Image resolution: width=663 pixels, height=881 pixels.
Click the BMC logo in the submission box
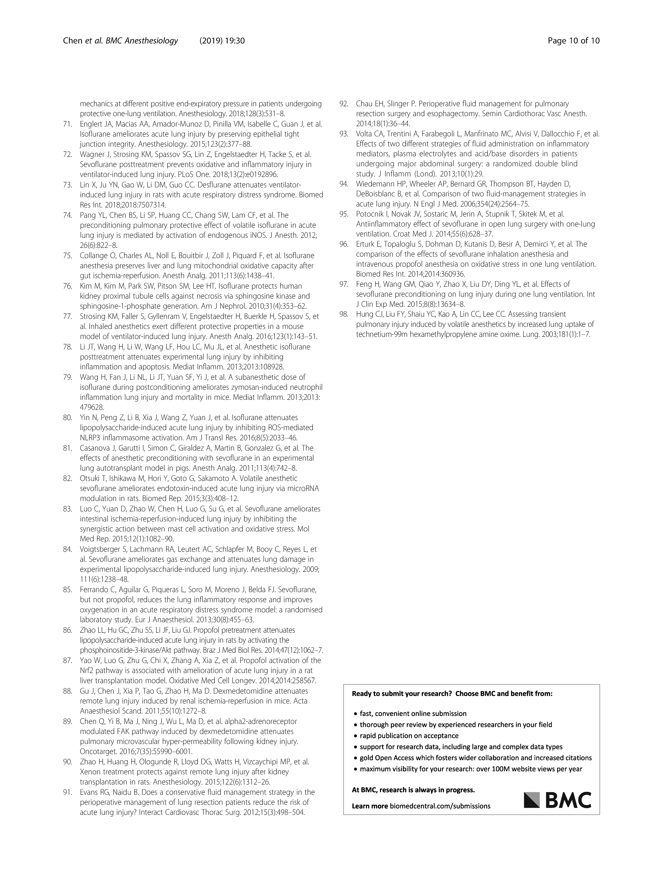[557, 800]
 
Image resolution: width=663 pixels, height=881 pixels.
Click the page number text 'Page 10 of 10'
[573, 41]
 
